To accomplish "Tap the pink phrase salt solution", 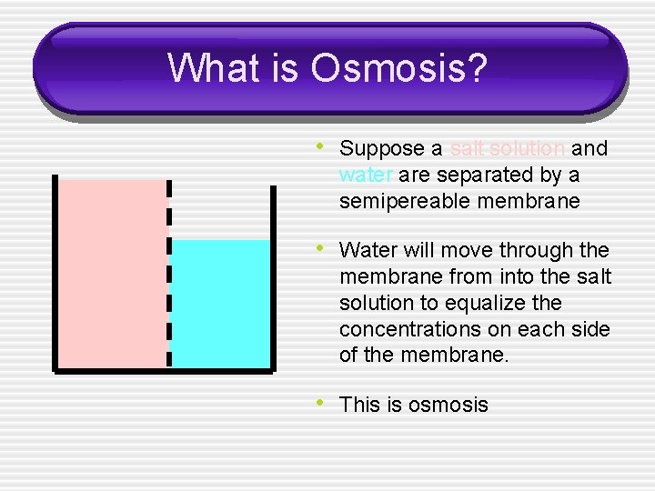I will pos(508,148).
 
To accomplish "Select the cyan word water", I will pos(366,175).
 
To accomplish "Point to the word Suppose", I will pos(382,148).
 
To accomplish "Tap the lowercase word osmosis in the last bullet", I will pos(448,405).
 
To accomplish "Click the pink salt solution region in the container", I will pos(112,273).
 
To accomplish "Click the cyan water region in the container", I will pos(220,305).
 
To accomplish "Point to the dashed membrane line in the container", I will pos(168,273).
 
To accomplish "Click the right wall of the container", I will pos(272,273).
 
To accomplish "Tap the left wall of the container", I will pos(55,273).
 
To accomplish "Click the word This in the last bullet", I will pos(360,405).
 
